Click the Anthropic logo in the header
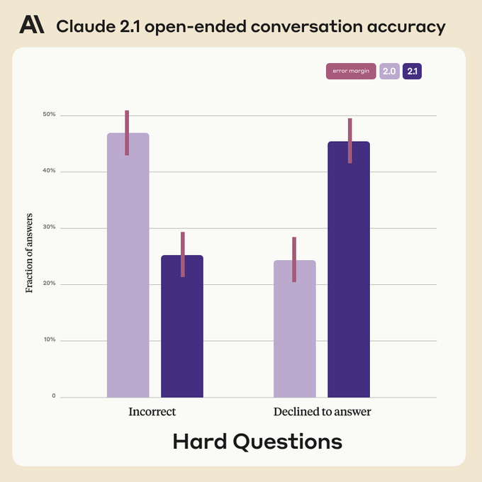(31, 26)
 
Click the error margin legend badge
(351, 72)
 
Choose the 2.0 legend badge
(389, 72)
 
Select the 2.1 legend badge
(412, 72)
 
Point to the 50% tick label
(48, 115)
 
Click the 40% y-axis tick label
(48, 171)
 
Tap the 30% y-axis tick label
(48, 228)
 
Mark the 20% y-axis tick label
(48, 284)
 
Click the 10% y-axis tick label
(48, 340)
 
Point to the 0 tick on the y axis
(52, 396)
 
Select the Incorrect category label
(152, 412)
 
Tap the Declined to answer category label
(322, 412)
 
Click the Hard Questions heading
(257, 442)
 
